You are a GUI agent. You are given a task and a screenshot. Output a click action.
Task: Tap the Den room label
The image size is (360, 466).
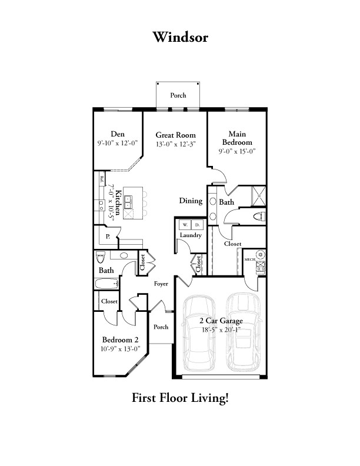tap(118, 134)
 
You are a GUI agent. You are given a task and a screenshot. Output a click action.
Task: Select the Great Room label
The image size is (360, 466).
tap(175, 135)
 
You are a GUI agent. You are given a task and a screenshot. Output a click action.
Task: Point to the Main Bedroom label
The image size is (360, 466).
tap(237, 138)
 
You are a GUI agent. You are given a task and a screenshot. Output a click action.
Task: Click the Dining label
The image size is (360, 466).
tap(191, 201)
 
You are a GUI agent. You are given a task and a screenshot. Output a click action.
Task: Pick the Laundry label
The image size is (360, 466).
tap(191, 235)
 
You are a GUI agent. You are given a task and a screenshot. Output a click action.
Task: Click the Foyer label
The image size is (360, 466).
tap(161, 284)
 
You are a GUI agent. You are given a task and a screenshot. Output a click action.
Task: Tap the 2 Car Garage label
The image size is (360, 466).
tap(221, 321)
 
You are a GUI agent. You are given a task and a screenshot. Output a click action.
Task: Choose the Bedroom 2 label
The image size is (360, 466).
tap(120, 339)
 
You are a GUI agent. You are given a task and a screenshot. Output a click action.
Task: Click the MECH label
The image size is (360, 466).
tap(249, 258)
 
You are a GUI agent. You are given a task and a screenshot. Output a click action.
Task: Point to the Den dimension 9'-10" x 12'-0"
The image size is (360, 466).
tap(118, 143)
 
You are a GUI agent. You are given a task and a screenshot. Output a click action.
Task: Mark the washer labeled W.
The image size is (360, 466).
tap(184, 225)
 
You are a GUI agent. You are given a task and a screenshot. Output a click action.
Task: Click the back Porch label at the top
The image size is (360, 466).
tap(178, 95)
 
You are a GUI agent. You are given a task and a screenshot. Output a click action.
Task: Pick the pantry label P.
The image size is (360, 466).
tap(108, 237)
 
